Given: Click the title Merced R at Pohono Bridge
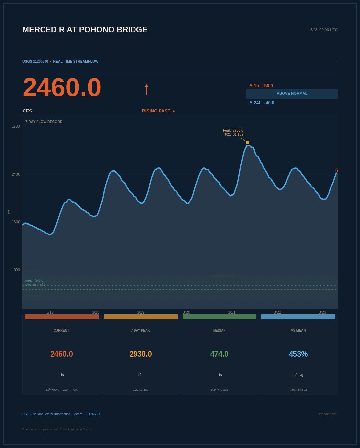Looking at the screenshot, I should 85,30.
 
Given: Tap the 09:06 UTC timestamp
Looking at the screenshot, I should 324,30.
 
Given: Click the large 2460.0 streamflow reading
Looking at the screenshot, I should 62,87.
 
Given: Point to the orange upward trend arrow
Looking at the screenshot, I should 146,89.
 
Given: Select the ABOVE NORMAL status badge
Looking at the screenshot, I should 292,94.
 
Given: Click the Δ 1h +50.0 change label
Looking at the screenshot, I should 261,86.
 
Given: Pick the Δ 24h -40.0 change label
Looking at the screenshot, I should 262,103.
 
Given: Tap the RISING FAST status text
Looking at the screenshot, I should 159,111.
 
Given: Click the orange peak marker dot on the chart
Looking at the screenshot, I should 247,143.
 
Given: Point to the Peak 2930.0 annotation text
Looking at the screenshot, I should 233,131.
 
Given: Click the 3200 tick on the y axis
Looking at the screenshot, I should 16,126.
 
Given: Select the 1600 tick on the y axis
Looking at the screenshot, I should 16,222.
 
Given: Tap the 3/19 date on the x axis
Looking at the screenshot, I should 141,312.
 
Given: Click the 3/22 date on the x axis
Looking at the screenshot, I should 277,312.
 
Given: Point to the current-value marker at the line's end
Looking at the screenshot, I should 337,171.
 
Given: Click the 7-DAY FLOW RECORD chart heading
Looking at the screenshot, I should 44,122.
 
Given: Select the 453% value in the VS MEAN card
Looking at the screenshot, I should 298,354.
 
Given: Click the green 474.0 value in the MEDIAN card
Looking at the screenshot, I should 219,354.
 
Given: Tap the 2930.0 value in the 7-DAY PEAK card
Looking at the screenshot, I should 140,354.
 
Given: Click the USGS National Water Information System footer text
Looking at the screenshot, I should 52,414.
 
